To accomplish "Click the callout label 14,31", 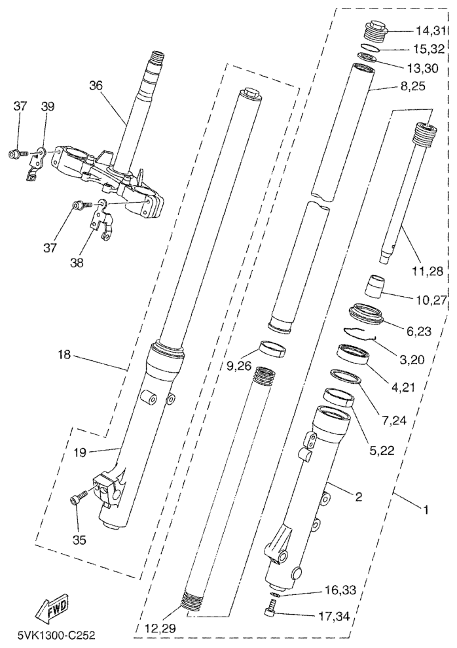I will [x=430, y=31].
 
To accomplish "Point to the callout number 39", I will [x=48, y=107].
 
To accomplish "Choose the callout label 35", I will [x=79, y=541].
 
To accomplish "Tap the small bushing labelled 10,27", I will [x=375, y=286].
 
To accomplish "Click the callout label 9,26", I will [x=239, y=367].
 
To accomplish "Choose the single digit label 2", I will [x=358, y=498].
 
